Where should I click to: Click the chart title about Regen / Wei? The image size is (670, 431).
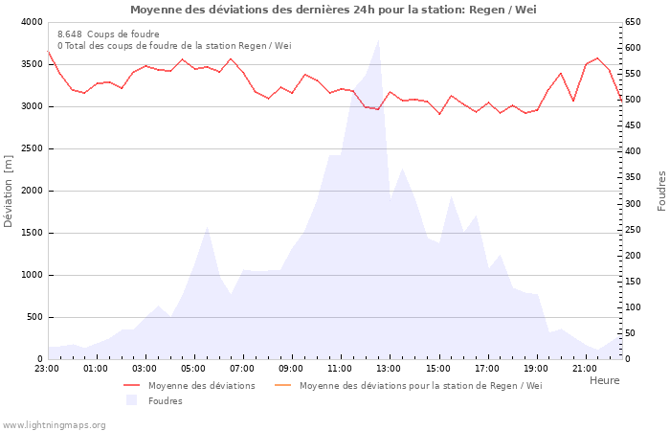tap(333, 10)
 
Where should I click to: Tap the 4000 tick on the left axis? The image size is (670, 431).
tap(31, 22)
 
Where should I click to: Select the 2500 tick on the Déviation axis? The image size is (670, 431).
tap(31, 148)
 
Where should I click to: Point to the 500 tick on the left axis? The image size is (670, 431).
tap(33, 317)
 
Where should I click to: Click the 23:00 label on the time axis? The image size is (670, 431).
tap(47, 368)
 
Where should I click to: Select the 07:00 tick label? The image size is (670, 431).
tap(242, 368)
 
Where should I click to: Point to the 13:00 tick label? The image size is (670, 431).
tap(389, 368)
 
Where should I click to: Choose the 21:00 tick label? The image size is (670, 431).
tap(585, 368)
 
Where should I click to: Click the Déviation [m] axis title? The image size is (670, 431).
tap(10, 192)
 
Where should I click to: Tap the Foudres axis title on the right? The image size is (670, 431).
tap(661, 191)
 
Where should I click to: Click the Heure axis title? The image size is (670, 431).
tap(604, 380)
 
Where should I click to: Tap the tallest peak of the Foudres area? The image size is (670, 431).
tap(378, 40)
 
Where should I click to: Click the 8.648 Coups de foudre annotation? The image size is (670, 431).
tap(108, 34)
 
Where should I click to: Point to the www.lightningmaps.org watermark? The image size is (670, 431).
tap(54, 425)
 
